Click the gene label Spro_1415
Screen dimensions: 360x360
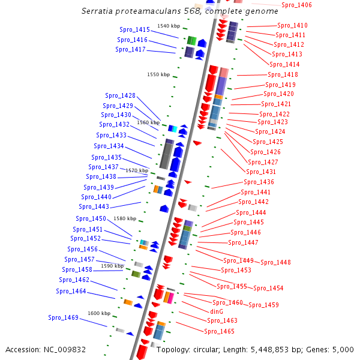point(134,29)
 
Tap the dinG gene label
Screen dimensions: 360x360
point(217,311)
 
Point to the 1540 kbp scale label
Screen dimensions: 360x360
point(168,26)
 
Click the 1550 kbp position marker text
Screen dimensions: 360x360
point(158,74)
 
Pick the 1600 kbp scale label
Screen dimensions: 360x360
point(99,313)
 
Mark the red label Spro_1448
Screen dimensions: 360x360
point(275,262)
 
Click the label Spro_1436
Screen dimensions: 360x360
point(259,182)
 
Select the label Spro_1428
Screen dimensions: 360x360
point(120,95)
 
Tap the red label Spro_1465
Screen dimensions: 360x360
point(219,331)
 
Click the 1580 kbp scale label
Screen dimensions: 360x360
point(125,218)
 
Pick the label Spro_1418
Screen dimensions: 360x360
point(283,74)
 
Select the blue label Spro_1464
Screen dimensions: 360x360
point(71,291)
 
